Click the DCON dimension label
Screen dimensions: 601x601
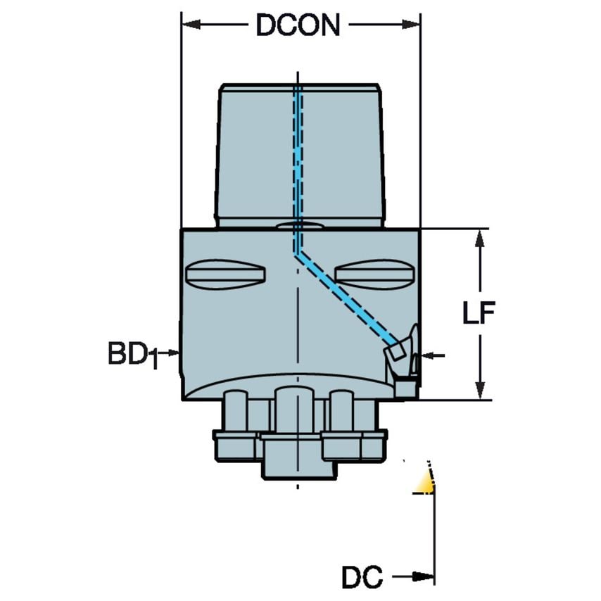[x=298, y=25]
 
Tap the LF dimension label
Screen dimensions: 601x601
[x=479, y=312]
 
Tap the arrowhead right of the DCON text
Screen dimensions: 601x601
[x=411, y=25]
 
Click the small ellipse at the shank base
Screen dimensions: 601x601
[x=299, y=226]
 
